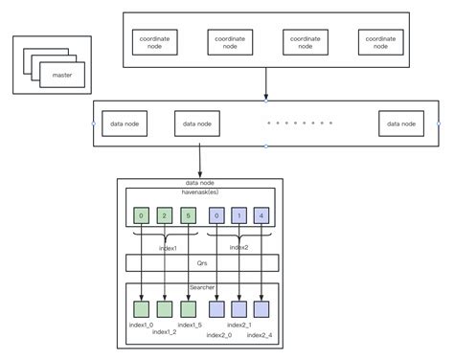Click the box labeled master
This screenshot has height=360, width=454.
61,74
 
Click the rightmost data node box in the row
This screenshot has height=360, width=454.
402,124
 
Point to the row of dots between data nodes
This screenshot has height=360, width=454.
300,124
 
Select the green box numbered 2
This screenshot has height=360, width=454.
164,215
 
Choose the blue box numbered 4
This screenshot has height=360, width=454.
261,215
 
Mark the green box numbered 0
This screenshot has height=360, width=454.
142,215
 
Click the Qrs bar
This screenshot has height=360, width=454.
201,263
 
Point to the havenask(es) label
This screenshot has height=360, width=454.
200,191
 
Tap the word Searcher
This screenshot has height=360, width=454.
201,287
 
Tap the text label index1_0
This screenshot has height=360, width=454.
141,325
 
